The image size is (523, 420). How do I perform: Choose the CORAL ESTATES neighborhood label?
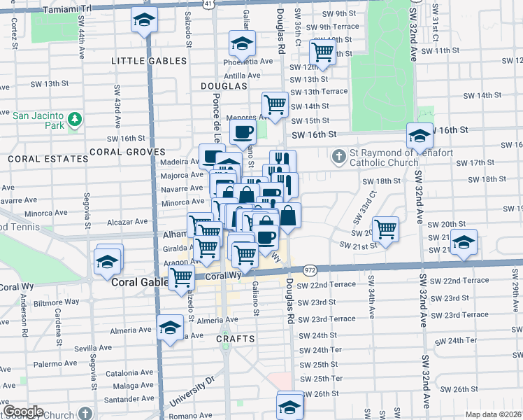pyautogui.click(x=48, y=159)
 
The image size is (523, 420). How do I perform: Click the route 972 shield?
pyautogui.click(x=310, y=270)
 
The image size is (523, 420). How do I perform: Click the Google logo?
pyautogui.click(x=23, y=411)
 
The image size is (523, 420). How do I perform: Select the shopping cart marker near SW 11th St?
pyautogui.click(x=322, y=51)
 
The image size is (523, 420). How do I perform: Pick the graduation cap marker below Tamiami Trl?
pyautogui.click(x=144, y=21)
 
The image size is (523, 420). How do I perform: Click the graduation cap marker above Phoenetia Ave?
pyautogui.click(x=242, y=45)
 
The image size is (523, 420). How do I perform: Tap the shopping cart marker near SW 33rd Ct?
pyautogui.click(x=385, y=228)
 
